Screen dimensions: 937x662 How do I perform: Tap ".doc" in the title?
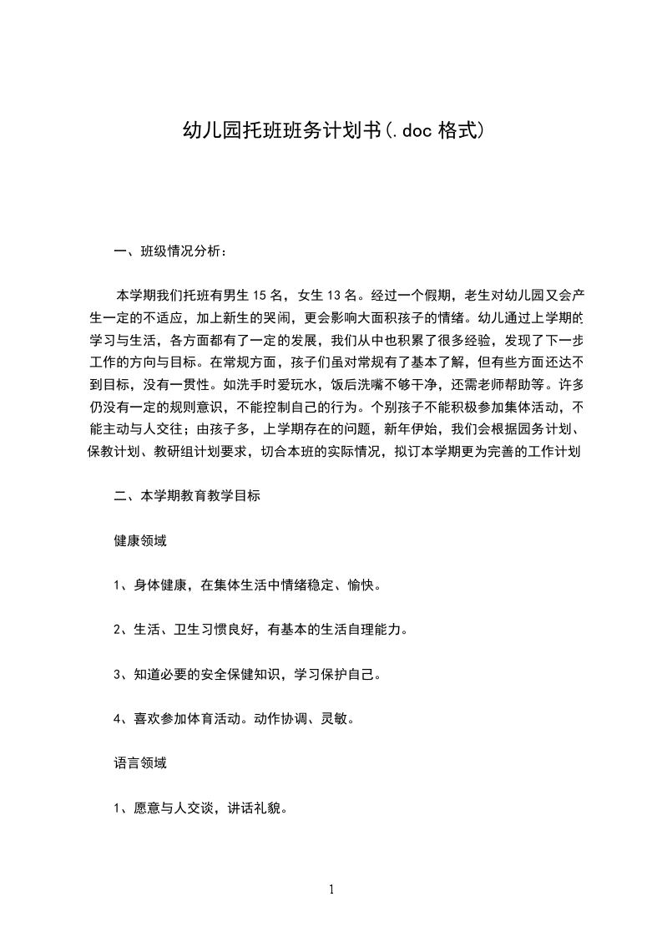(x=410, y=131)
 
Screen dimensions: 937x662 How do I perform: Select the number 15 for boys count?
(x=259, y=295)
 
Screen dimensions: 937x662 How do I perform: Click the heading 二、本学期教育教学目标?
(x=188, y=495)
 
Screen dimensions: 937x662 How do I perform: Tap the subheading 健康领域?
(x=140, y=540)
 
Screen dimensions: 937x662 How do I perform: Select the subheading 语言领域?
(x=140, y=762)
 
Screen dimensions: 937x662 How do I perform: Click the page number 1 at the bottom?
(x=331, y=889)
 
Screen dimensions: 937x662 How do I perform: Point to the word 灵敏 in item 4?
(x=336, y=718)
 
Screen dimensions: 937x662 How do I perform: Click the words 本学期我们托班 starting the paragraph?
(x=159, y=295)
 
